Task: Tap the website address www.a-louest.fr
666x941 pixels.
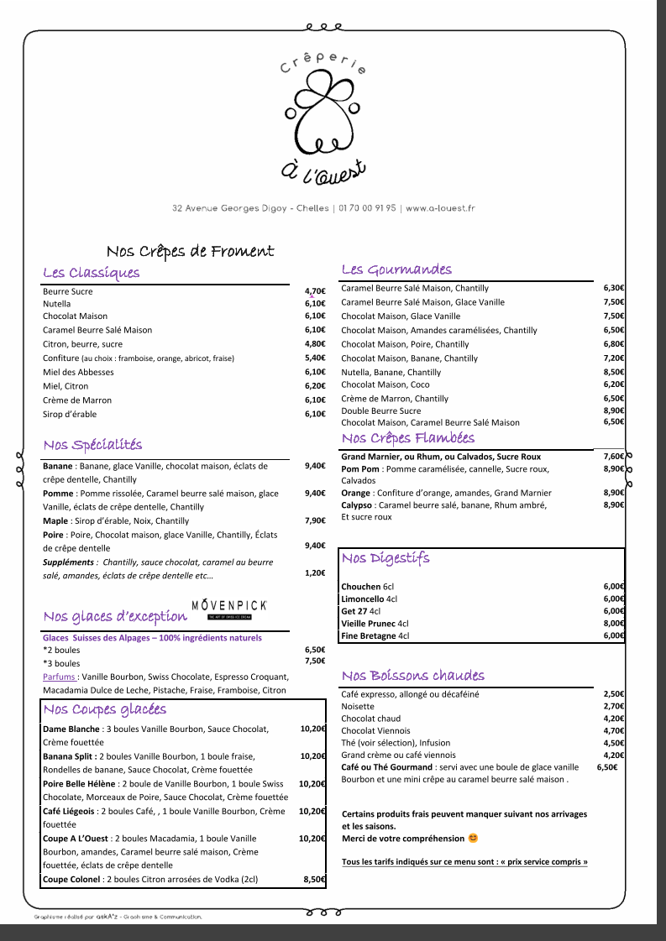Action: tap(441, 208)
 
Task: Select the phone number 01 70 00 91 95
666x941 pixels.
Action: tap(367, 208)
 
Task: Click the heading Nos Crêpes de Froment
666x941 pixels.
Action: tap(191, 251)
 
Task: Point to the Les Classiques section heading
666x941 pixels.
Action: tap(92, 272)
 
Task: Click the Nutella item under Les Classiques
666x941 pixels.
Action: tap(57, 304)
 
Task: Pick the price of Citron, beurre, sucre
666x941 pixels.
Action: tap(315, 343)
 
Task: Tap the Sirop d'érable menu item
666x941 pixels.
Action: tap(70, 414)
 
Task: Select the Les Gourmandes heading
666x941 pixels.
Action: tap(396, 269)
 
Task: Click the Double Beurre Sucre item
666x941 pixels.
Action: tap(381, 410)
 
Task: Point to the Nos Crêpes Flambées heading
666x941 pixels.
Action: tap(408, 438)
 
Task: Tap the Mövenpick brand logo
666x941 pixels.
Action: tap(229, 608)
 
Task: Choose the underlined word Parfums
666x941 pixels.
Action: tap(60, 676)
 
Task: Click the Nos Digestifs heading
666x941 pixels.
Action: tap(385, 558)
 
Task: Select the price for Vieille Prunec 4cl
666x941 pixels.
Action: tap(614, 624)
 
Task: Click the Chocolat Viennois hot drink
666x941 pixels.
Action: tap(375, 730)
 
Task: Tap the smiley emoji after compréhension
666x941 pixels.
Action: tap(473, 838)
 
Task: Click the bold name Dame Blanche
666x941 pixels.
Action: tap(71, 729)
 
